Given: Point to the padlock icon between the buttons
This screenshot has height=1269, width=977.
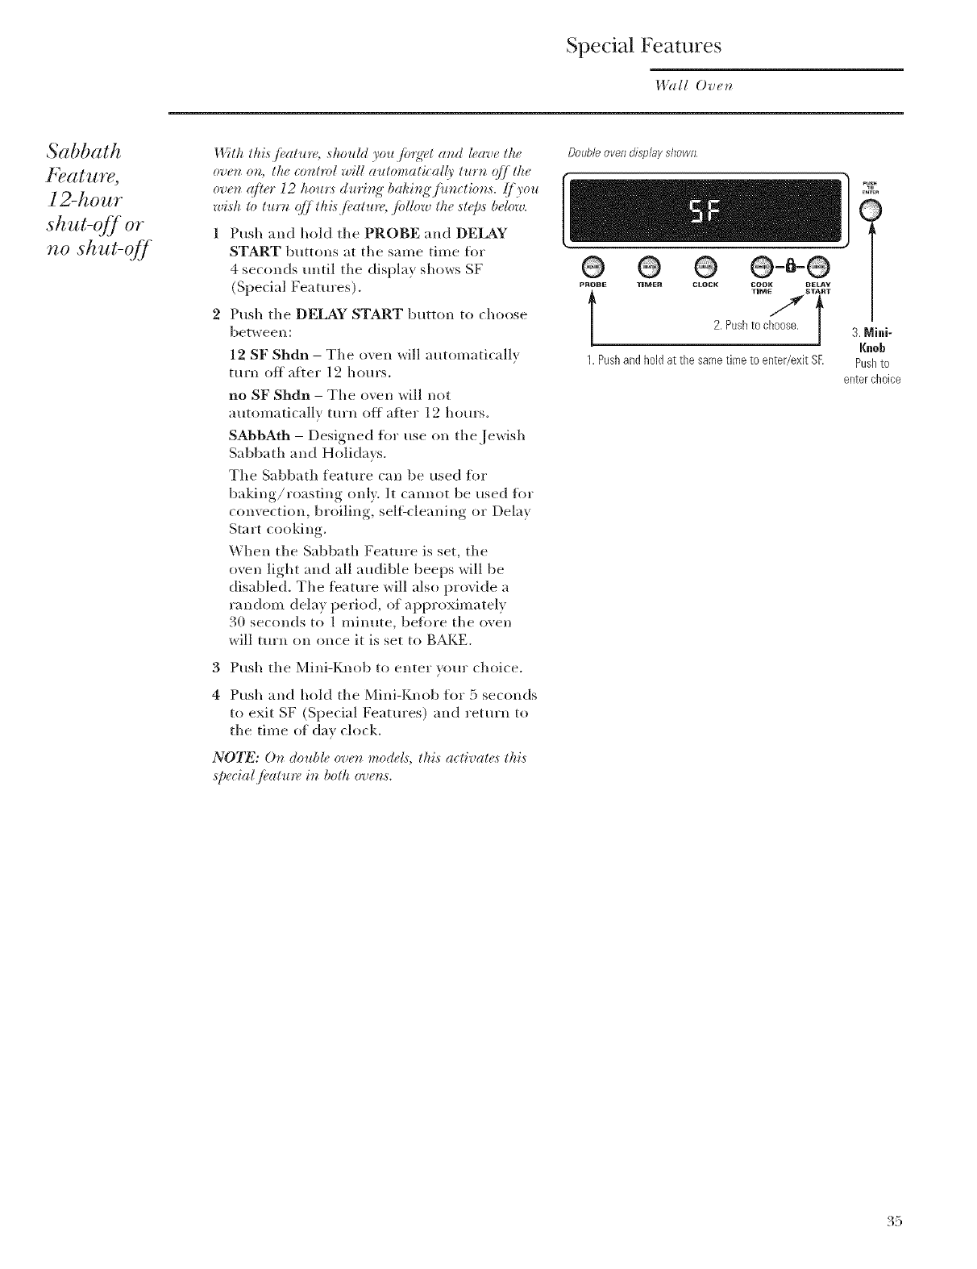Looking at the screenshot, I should [790, 265].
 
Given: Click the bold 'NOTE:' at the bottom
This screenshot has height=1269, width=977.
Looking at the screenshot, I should [232, 756].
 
